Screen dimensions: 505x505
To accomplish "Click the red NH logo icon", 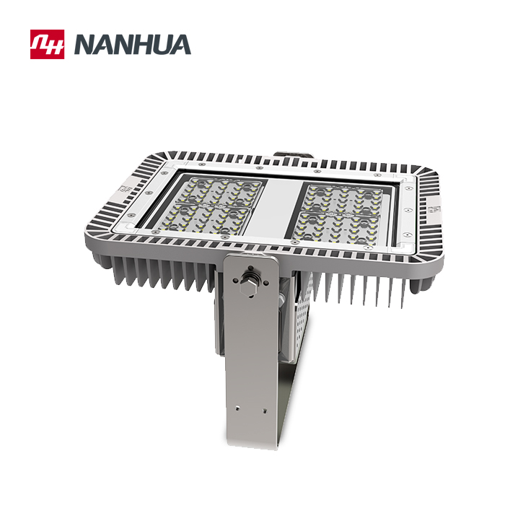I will click(47, 44).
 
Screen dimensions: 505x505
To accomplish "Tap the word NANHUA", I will click(132, 45).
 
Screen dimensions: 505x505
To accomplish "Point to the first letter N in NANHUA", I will click(84, 45).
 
